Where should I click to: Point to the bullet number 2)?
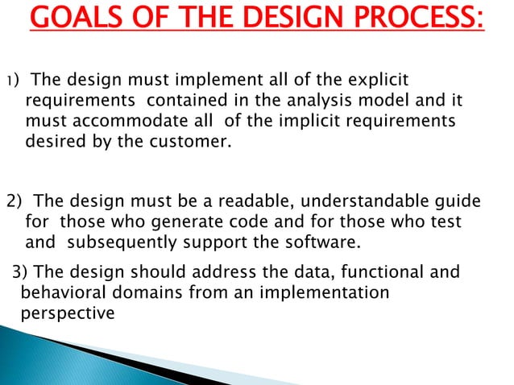(x=15, y=201)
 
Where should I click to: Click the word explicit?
(x=379, y=81)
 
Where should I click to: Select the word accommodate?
(x=124, y=122)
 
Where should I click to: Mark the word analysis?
(x=303, y=101)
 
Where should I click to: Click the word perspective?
(x=68, y=313)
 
